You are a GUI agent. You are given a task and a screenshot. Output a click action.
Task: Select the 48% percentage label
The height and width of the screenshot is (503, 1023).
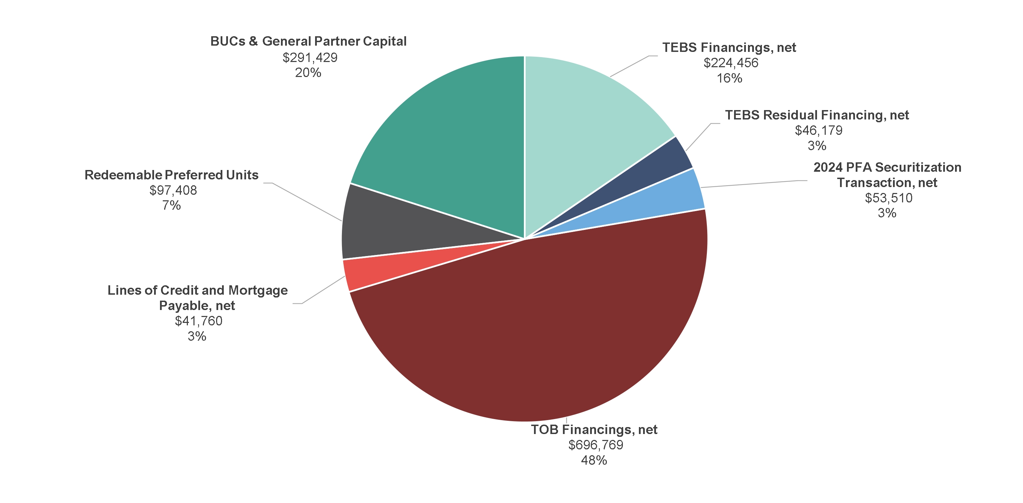tap(594, 461)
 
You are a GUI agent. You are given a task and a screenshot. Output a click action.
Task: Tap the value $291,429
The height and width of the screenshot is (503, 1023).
tap(310, 57)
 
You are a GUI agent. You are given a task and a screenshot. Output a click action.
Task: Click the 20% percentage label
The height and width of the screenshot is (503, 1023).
tap(308, 73)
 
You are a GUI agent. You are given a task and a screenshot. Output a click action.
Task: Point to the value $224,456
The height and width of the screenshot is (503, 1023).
tap(731, 63)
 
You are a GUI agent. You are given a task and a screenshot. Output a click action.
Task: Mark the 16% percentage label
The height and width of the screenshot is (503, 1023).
tap(729, 78)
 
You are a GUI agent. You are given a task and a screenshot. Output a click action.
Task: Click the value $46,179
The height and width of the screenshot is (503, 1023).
tap(818, 130)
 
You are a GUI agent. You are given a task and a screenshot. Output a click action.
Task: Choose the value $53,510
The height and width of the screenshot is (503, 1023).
tap(889, 198)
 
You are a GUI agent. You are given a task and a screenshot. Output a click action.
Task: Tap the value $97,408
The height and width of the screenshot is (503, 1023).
tap(173, 190)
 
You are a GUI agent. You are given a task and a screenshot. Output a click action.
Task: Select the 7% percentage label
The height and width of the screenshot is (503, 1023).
tap(171, 205)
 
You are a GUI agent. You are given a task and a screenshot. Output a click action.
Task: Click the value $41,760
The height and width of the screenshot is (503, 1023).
tap(199, 321)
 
